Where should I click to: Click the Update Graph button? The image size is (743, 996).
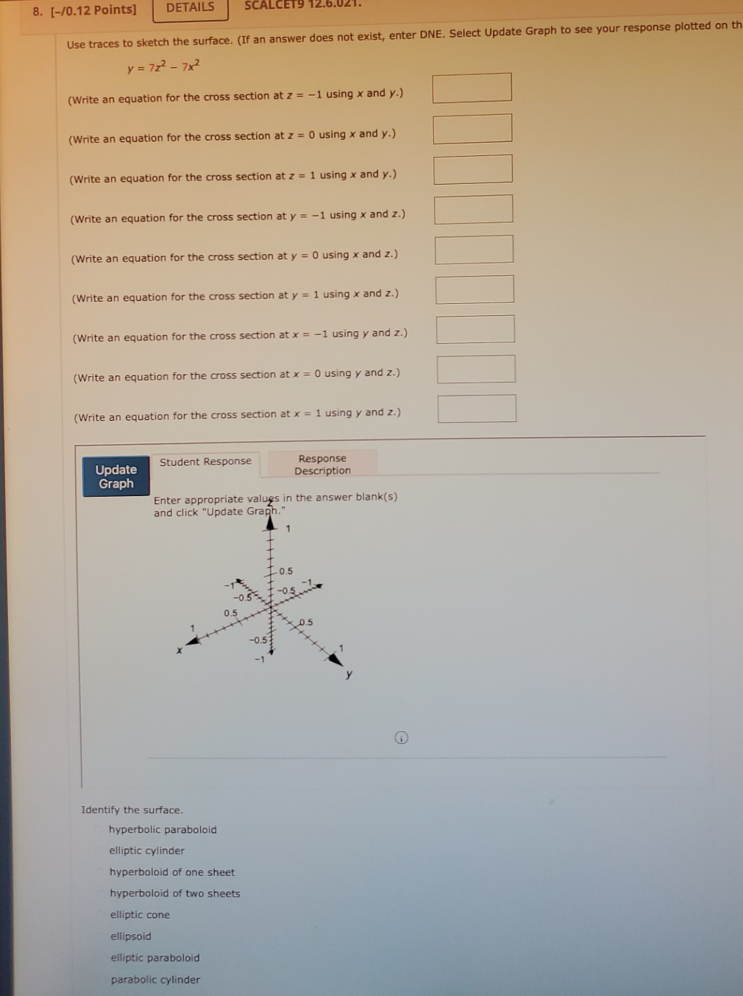pos(116,477)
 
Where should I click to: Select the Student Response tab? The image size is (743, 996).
pos(205,462)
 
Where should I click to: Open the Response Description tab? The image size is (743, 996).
pos(322,465)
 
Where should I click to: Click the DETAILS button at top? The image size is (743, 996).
pos(190,8)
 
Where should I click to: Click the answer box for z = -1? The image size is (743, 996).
pos(472,88)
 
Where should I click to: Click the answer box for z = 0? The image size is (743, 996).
pos(472,128)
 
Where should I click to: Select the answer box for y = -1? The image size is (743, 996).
pos(473,209)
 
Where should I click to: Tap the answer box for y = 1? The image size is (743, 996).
pos(474,289)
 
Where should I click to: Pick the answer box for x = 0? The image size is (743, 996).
pos(476,369)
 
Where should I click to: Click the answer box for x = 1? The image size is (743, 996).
pos(477,409)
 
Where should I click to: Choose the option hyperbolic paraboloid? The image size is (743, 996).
pos(163,830)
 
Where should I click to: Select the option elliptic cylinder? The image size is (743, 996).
pos(146,851)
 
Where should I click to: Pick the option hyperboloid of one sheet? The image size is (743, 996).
pos(172,872)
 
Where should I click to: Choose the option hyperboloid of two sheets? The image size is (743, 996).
pos(175,894)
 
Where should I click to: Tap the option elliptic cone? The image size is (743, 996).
pos(140,915)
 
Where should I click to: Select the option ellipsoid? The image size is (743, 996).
pos(131,936)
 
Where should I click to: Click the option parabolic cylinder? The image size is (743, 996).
pos(155,980)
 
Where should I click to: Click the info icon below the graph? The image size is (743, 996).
pos(401,738)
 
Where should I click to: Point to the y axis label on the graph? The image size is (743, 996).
pos(349,674)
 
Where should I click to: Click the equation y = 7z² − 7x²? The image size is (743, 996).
pos(163,67)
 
